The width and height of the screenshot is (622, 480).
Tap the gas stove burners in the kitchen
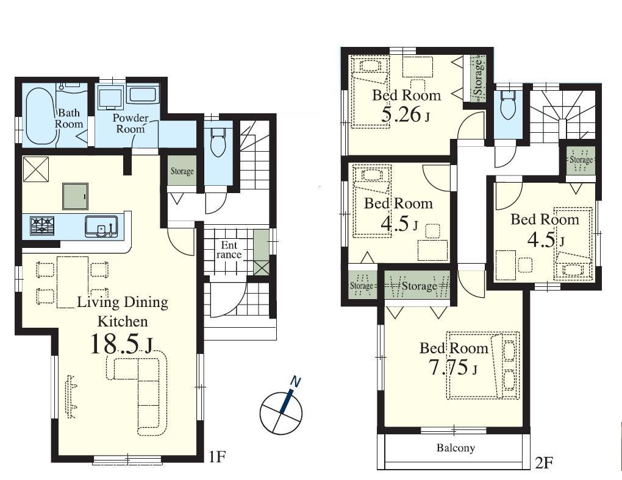(41, 226)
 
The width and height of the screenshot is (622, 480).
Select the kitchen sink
(101, 227)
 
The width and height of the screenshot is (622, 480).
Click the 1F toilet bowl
(216, 143)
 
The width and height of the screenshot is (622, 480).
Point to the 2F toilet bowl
(507, 104)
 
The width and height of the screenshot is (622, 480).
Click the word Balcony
(456, 448)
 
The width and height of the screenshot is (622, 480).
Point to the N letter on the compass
(296, 381)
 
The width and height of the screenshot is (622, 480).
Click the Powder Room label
(130, 123)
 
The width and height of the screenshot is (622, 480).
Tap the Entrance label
(229, 250)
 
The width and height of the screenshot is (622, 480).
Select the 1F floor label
(216, 457)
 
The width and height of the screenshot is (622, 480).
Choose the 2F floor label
(543, 462)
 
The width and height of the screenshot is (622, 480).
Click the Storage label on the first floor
(182, 171)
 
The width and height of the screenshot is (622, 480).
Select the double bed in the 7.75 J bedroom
(483, 365)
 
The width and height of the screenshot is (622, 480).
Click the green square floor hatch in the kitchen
(76, 196)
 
